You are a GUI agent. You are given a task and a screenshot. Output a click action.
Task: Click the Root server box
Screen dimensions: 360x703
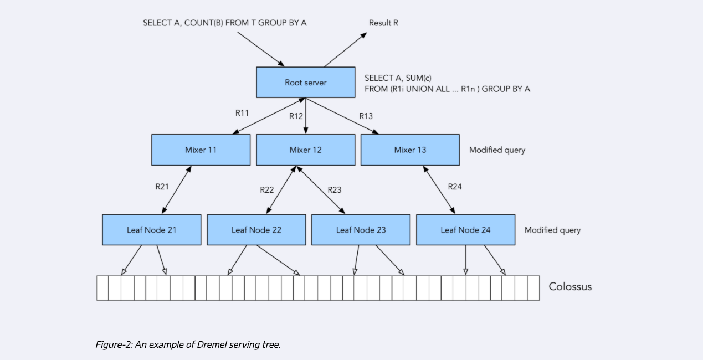pos(305,83)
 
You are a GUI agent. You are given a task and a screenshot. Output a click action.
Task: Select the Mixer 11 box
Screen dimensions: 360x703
pos(201,150)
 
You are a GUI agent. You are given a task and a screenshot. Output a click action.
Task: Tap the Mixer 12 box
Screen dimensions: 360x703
pos(305,150)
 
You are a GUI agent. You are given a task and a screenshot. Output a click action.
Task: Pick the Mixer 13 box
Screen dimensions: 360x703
pos(410,150)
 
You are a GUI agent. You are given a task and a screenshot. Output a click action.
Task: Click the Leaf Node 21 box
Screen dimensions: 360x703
pos(151,230)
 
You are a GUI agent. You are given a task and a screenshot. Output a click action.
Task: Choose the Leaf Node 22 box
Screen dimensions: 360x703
pos(256,230)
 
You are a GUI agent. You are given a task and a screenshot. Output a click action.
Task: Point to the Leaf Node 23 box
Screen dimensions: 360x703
pos(361,230)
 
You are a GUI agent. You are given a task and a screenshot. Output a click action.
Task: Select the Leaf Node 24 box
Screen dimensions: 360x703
pos(465,230)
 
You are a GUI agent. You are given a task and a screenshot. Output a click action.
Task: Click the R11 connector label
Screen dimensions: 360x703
pos(242,113)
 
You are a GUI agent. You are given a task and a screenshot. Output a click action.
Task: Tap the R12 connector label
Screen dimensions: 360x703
pos(296,116)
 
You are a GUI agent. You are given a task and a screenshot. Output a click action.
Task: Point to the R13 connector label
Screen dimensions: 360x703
pos(366,116)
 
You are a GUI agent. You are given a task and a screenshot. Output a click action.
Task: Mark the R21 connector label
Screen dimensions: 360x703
pos(162,187)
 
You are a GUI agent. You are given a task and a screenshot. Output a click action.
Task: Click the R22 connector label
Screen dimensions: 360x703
pos(267,190)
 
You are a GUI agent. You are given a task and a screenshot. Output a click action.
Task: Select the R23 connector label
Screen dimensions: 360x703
pos(334,190)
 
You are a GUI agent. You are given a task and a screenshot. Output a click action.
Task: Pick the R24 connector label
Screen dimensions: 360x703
pos(454,187)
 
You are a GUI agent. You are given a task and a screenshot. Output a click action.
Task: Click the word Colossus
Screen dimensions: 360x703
pos(570,286)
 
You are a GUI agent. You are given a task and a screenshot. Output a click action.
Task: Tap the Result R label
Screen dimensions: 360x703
pos(383,23)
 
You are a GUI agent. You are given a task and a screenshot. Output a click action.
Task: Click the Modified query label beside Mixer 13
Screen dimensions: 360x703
pos(497,150)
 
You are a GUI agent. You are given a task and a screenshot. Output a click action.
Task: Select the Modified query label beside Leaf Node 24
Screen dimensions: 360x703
pos(552,230)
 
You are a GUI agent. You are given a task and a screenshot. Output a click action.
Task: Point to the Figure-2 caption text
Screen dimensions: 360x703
pos(188,344)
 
